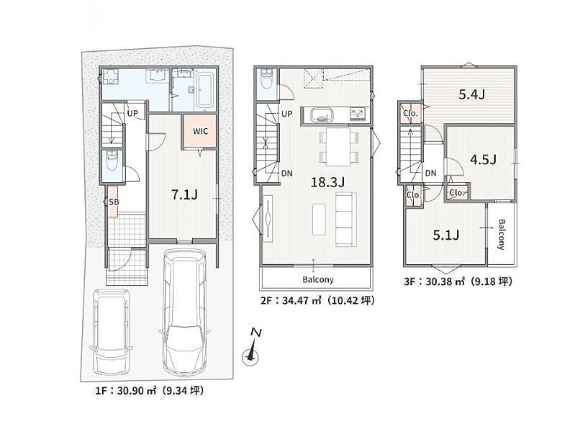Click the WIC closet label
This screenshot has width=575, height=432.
(x=200, y=131)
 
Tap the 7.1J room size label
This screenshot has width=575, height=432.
(x=184, y=194)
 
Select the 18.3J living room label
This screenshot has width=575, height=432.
(x=327, y=181)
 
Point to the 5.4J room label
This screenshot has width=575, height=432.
(x=472, y=95)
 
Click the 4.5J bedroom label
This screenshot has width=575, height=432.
(x=483, y=159)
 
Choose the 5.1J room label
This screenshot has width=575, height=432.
(x=446, y=235)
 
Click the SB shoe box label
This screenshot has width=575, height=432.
(x=114, y=202)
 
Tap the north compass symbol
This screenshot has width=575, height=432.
(x=252, y=348)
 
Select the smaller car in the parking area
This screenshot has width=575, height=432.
(x=111, y=331)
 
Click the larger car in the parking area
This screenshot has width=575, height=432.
(x=184, y=312)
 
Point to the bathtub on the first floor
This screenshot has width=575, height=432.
(x=205, y=89)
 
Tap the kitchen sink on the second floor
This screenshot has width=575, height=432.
(x=322, y=115)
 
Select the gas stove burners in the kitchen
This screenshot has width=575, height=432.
(x=358, y=114)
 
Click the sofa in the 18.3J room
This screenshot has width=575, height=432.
(x=346, y=220)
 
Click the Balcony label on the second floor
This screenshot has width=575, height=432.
(x=318, y=279)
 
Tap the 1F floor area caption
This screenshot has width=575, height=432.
(x=150, y=390)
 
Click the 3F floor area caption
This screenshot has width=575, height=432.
(x=458, y=282)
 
